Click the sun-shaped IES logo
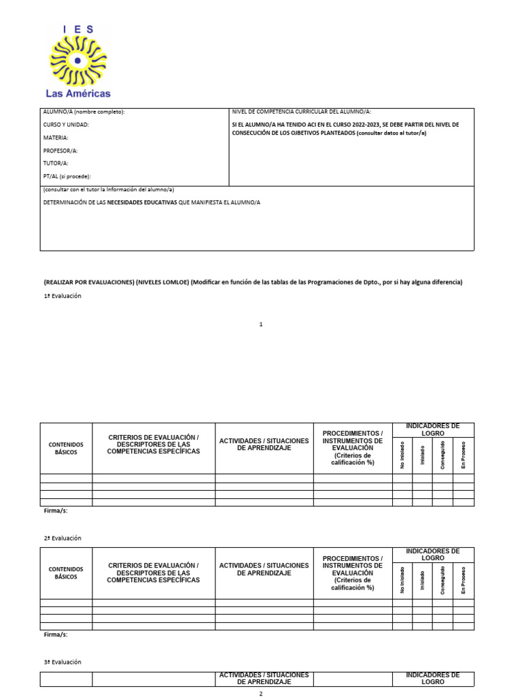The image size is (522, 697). tap(77, 60)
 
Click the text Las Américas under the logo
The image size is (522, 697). tap(77, 93)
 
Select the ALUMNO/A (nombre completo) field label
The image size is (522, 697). tap(84, 112)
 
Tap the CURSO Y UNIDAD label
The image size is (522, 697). tap(66, 125)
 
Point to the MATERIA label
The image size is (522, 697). tap(56, 138)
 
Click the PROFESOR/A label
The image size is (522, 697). tap(60, 150)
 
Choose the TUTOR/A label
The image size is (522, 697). tap(56, 163)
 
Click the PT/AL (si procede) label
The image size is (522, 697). tap(67, 176)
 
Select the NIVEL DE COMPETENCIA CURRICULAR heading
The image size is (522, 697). tap(302, 112)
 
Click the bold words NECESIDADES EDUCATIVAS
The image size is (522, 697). tap(143, 203)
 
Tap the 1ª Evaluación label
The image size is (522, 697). tap(63, 296)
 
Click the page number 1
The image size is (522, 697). tap(260, 325)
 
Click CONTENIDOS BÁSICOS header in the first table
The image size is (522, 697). tap(66, 448)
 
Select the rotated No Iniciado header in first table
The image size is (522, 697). tap(402, 455)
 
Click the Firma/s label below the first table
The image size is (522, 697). tap(56, 510)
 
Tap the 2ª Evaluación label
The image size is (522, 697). tap(63, 538)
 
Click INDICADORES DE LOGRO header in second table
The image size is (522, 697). tap(432, 555)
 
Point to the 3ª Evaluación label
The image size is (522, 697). tap(63, 662)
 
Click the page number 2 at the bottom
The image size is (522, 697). tap(260, 693)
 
